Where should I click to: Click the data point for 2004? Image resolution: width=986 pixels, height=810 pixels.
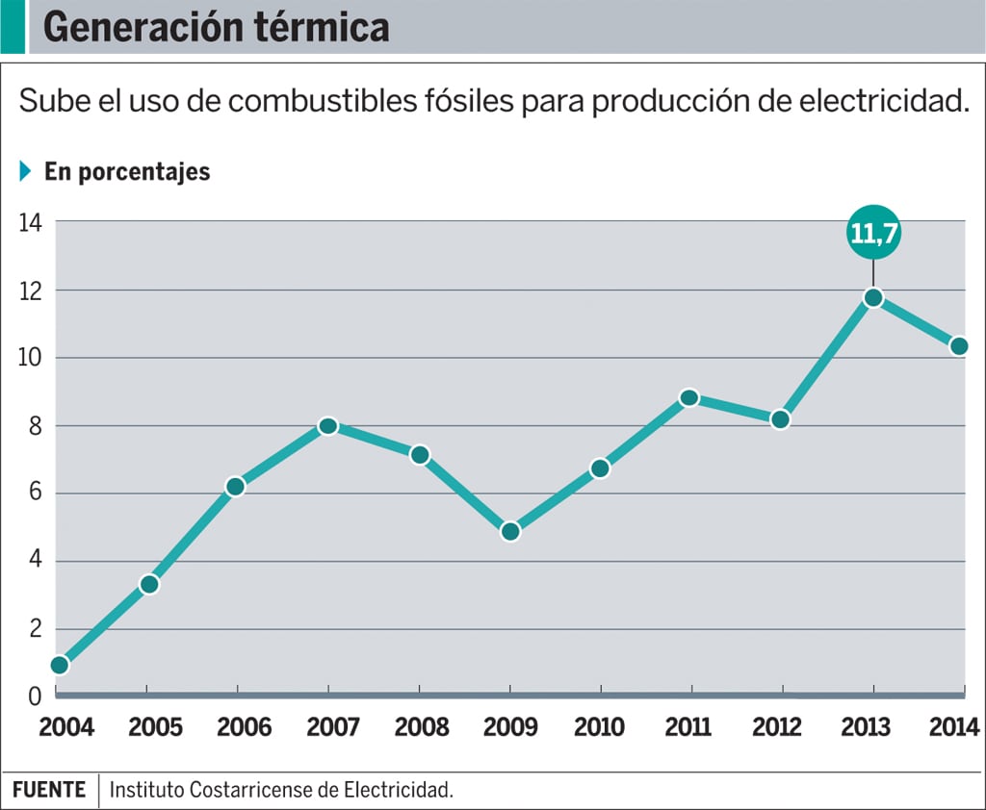pos(60,665)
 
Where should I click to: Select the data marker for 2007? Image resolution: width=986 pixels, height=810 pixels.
pos(328,426)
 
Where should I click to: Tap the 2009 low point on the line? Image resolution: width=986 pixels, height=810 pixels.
pos(510,531)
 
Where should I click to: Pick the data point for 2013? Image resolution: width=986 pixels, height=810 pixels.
pos(873,297)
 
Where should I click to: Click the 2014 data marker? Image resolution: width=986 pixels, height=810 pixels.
pos(959,346)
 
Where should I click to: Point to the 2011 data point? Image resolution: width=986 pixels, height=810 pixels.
pos(689,398)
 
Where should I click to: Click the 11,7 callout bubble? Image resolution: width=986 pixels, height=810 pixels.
pos(873,233)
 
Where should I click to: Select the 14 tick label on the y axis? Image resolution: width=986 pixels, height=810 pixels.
pos(30,222)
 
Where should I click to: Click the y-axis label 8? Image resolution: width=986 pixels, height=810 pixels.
pos(35,426)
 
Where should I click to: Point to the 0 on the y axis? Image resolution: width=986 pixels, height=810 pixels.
pos(35,696)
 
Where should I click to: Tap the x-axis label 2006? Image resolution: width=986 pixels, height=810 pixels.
pos(244,726)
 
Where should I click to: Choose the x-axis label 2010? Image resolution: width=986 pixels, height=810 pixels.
pos(600,726)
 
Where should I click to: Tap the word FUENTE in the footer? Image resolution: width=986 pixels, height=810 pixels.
pos(49,790)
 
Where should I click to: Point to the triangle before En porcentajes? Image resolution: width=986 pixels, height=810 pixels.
pos(26,172)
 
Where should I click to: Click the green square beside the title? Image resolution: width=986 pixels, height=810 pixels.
pos(13,27)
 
